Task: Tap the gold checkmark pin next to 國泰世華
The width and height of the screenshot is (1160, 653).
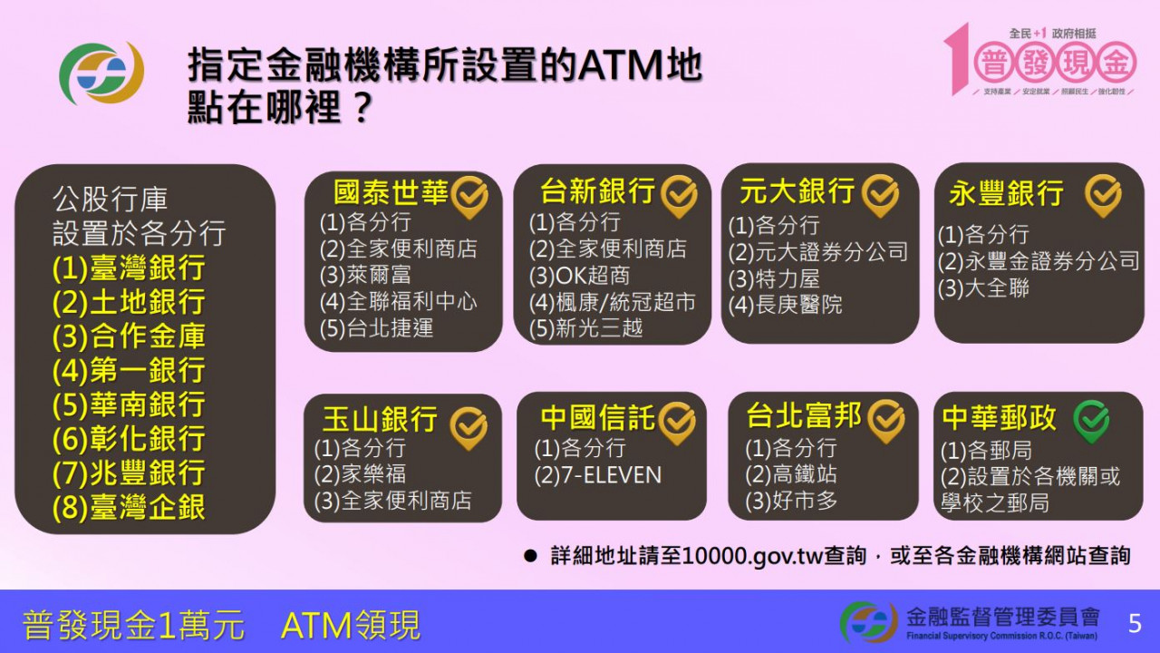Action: click(x=469, y=196)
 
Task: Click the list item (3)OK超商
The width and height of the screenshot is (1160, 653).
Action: click(x=579, y=276)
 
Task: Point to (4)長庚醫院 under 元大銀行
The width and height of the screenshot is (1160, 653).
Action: click(x=785, y=305)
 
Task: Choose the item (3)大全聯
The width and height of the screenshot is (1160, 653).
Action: click(x=983, y=289)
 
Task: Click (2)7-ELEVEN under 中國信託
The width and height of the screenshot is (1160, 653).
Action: click(x=598, y=474)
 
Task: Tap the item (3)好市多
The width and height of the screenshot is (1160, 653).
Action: click(x=791, y=501)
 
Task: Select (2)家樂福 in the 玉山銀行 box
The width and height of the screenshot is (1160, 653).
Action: click(x=360, y=474)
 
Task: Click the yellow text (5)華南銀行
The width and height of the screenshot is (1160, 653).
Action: click(x=129, y=404)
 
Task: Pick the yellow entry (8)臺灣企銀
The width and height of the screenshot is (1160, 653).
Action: click(x=129, y=507)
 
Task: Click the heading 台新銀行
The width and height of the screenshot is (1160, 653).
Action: click(x=597, y=191)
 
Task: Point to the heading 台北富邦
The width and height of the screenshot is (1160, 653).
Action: click(x=804, y=416)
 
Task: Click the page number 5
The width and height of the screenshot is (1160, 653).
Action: click(x=1135, y=623)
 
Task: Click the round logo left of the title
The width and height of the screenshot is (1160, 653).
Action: click(x=101, y=73)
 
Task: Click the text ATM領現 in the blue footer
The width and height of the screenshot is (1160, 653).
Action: click(x=351, y=625)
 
